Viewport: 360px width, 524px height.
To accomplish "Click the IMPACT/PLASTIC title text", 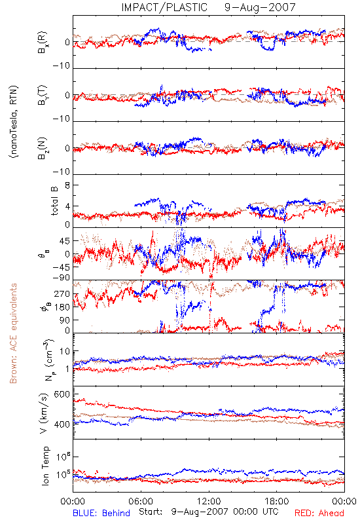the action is (164, 7).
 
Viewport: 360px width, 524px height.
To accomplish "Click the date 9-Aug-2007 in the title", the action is (260, 7).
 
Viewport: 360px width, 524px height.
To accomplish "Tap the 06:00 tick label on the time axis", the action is (141, 501).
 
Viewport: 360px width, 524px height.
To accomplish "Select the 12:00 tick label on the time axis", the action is (209, 501).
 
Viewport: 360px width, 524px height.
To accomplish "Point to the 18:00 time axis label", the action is (277, 501).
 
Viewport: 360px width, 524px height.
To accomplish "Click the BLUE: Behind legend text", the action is (101, 513).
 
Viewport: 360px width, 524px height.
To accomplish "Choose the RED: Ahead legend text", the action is (319, 513).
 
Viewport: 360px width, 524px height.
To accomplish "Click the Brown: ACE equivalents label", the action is (13, 333).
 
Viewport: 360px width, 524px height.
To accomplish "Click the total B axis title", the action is (54, 201).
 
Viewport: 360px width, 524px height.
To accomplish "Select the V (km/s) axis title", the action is (45, 413).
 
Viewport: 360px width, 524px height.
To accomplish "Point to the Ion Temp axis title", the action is (45, 466).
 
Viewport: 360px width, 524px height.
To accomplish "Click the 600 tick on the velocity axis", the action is (62, 394).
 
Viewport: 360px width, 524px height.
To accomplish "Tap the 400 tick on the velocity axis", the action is (62, 424).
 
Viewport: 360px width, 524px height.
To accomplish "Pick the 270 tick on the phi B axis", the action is (62, 293).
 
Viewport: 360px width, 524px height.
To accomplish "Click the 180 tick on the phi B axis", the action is (62, 307).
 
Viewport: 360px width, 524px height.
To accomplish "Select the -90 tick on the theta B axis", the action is (61, 278).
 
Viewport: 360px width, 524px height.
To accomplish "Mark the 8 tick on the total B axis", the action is (67, 185).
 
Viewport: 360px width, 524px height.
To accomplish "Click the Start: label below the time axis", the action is (151, 512).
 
